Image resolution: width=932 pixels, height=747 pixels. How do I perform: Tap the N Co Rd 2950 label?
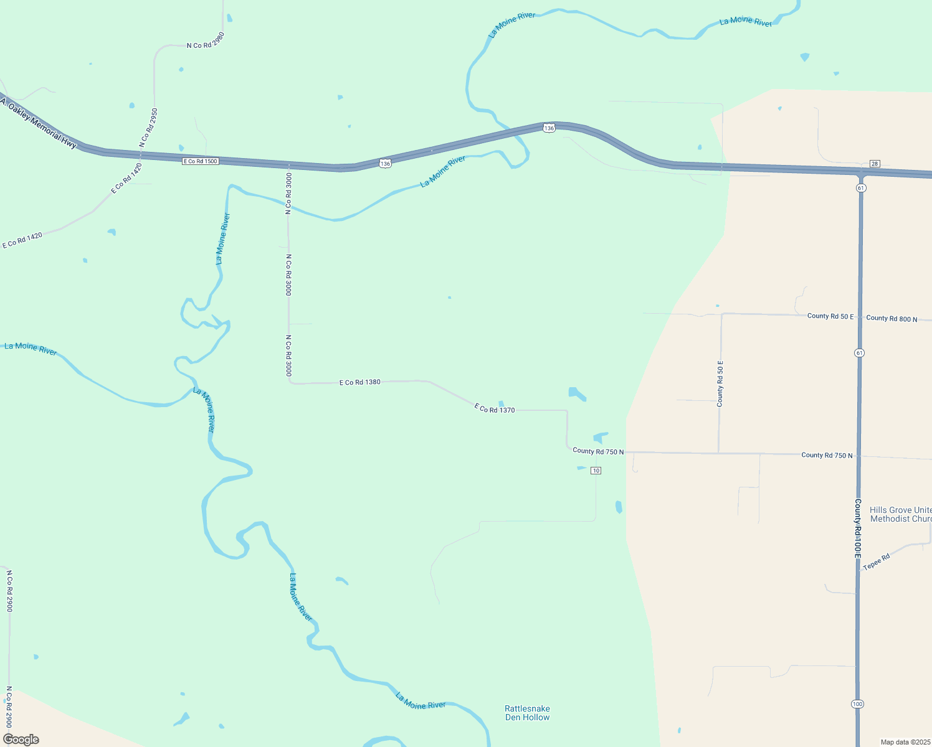(x=148, y=128)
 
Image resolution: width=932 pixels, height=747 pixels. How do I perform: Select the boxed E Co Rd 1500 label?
(x=201, y=161)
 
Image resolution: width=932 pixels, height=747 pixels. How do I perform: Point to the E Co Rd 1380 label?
(x=359, y=382)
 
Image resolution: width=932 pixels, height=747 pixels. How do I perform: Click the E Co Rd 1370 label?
(x=495, y=409)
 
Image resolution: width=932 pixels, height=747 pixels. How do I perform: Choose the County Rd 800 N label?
(x=892, y=318)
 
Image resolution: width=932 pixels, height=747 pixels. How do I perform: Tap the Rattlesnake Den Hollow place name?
(x=527, y=713)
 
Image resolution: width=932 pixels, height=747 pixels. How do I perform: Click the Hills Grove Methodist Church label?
(x=900, y=514)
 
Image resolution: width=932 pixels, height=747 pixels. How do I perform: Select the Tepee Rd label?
(x=877, y=561)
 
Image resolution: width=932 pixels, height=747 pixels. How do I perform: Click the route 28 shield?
(x=875, y=163)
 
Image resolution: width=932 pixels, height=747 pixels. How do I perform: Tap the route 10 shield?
(x=596, y=471)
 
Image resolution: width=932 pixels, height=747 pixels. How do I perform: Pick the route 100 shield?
(x=857, y=704)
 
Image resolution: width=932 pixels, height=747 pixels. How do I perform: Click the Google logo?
(x=21, y=740)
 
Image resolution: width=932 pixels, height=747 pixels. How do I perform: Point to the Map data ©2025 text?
(x=905, y=742)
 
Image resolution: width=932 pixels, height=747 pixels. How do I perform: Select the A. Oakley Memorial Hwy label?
(x=39, y=123)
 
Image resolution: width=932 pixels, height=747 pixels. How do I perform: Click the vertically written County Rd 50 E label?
(x=720, y=384)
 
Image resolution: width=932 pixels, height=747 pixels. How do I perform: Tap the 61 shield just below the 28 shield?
(x=861, y=187)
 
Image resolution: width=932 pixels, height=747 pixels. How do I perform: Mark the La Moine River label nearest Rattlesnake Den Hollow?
(x=421, y=701)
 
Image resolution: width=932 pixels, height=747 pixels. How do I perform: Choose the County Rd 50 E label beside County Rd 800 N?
(x=830, y=316)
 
